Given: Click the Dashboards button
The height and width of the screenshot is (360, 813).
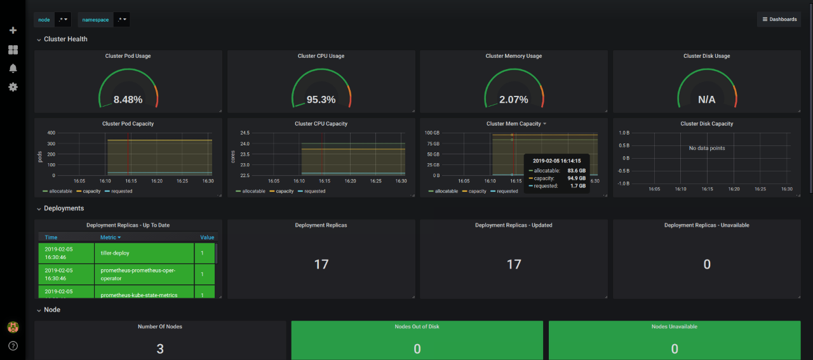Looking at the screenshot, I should click(779, 19).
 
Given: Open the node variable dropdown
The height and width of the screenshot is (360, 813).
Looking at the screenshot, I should click(63, 20).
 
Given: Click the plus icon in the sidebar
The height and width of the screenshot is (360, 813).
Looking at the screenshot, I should click(13, 30).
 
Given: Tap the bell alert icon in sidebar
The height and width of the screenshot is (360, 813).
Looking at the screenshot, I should click(13, 68).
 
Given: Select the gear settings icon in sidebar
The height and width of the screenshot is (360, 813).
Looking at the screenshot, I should click(13, 86).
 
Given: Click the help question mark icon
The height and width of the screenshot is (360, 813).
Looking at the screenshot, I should click(13, 346).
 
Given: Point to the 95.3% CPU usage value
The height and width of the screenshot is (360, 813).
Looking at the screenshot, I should click(321, 100).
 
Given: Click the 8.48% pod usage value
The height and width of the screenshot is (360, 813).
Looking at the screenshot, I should click(128, 100).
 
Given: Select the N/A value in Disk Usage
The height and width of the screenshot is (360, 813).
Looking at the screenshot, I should click(706, 100).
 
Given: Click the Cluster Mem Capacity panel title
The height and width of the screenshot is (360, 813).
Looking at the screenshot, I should click(513, 124).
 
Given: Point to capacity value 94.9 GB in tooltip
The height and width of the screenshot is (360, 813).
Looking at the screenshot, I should click(577, 178).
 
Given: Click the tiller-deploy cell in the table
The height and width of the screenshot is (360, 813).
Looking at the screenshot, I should click(115, 253).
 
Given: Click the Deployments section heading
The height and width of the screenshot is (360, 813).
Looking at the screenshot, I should click(64, 208).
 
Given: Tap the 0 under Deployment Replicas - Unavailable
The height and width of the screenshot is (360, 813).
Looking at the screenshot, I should click(706, 264).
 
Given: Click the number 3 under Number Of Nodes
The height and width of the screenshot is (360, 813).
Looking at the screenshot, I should click(160, 349).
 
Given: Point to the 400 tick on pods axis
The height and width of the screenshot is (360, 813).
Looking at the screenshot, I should click(51, 133).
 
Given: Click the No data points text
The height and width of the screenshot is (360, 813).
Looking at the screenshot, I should click(706, 148).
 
